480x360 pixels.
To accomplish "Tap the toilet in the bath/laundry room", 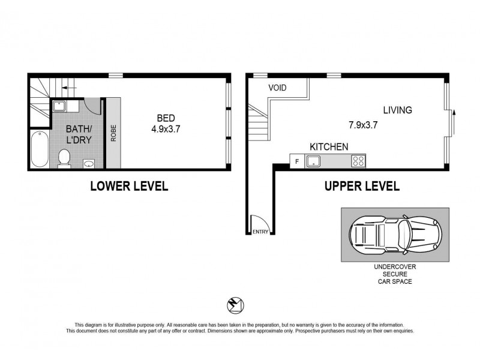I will coord(64,157).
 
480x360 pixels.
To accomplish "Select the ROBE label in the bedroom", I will coord(112,132).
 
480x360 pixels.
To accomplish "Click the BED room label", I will coord(166,118).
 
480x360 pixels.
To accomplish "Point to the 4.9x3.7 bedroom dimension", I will coord(166,128).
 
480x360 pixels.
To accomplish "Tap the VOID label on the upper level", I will coord(277,88).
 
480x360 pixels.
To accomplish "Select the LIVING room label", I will coord(398,110).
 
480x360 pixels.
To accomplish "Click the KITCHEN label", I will coord(329,147).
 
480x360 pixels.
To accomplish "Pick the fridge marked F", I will coord(296,161).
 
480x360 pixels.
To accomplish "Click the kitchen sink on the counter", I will coord(313,161).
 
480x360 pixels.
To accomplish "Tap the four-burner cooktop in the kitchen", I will coord(358,161).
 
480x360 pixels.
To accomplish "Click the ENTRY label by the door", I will coord(260,232).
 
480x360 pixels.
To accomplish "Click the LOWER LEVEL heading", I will coord(128,186).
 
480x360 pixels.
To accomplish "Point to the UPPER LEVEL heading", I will coord(362,186).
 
